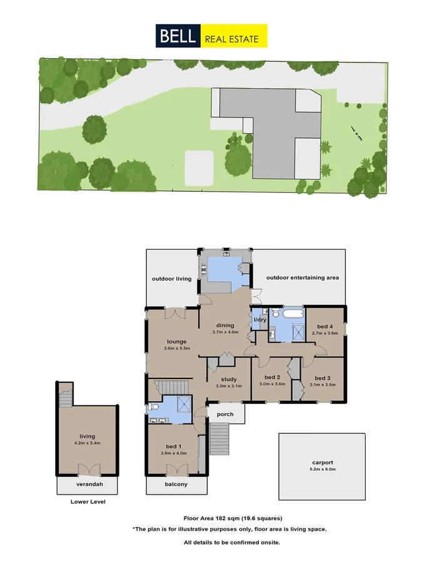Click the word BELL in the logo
coord(178,36)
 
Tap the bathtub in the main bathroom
coord(293,315)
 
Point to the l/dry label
coord(260,321)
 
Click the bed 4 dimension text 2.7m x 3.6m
coord(324,333)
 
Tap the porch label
coord(224,414)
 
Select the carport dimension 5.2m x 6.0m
coord(321,469)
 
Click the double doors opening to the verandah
coord(87,470)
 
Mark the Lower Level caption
coord(88,501)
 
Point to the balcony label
coord(176,484)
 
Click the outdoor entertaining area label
coord(303,277)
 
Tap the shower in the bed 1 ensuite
coord(184,405)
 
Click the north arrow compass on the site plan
coord(357,132)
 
